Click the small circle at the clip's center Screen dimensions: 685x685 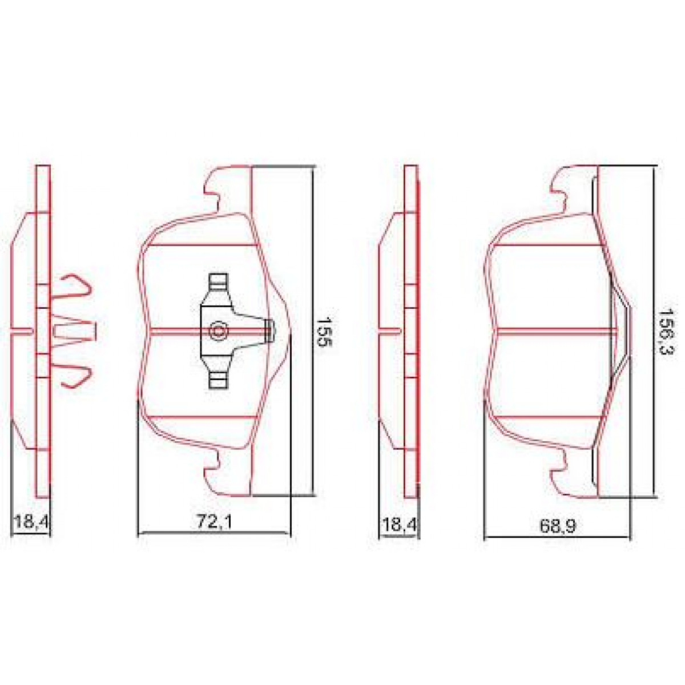click(x=218, y=331)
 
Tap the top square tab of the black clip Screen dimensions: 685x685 click(x=218, y=281)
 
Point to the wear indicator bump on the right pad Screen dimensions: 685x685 click(x=624, y=331)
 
